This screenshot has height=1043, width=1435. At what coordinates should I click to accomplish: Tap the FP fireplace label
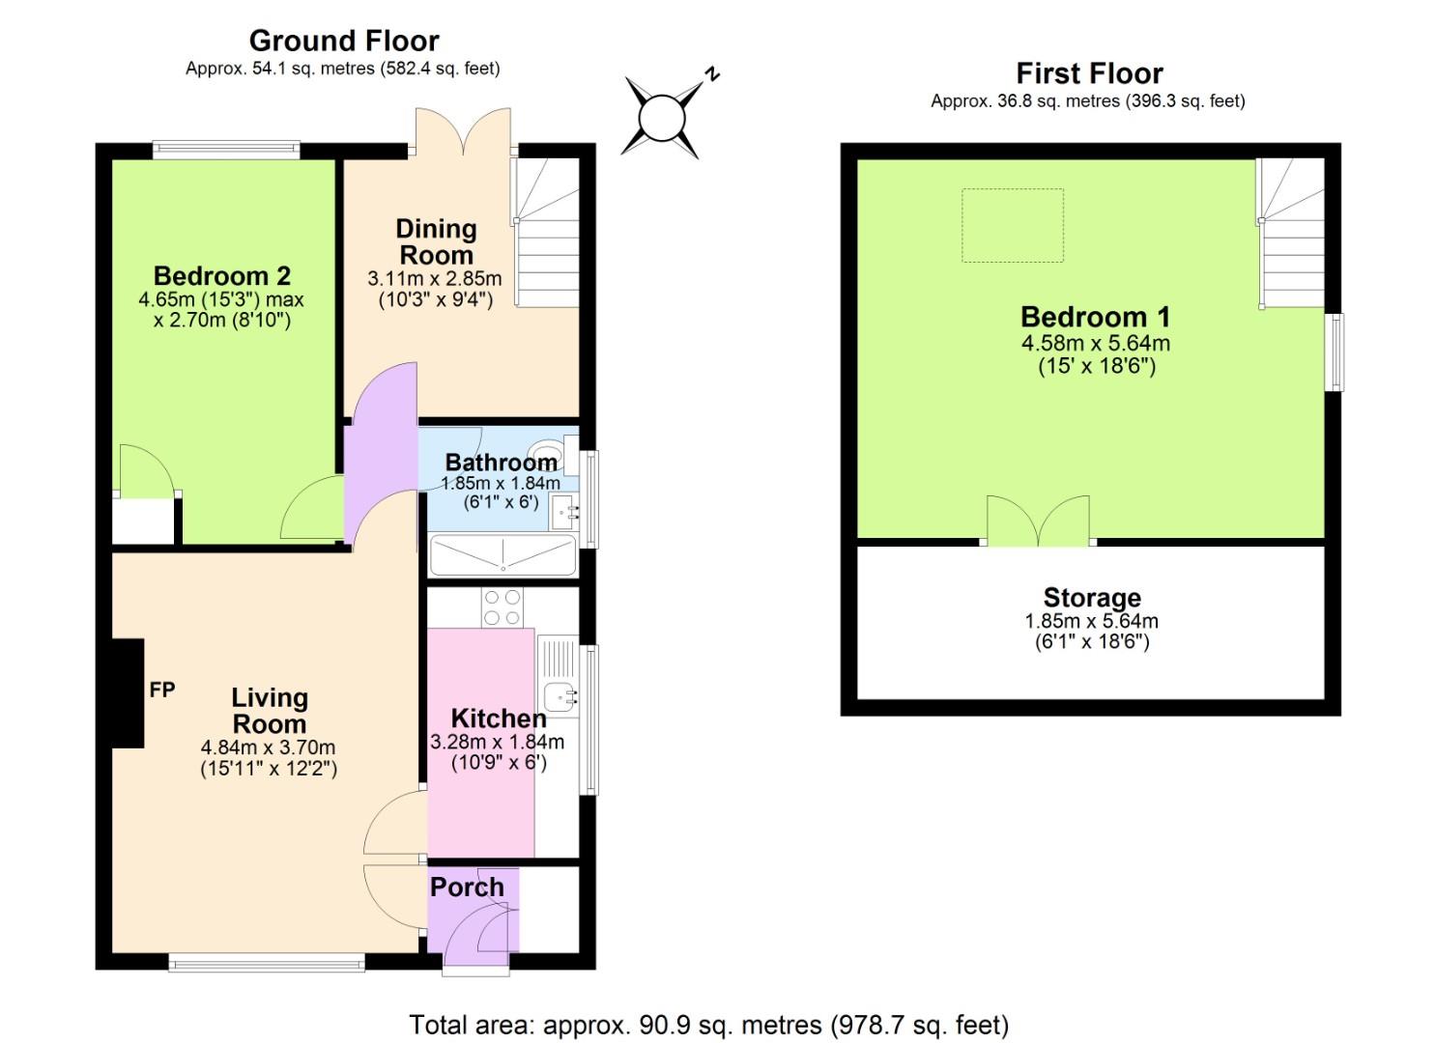pos(162,690)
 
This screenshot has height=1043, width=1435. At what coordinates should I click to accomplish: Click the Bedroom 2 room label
pos(221,276)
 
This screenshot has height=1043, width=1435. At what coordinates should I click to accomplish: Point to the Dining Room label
pos(436,241)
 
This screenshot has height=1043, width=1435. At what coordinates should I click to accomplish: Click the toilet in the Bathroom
pos(549,453)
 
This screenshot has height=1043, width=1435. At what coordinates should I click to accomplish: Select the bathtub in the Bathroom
pos(502,555)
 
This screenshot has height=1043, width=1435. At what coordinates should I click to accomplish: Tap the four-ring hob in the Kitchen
pos(502,607)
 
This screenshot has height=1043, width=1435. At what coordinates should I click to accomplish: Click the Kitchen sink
pos(560,694)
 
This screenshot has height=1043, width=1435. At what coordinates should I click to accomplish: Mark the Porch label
pos(467,887)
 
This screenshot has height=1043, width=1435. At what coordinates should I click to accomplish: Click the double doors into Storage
pos(1038,521)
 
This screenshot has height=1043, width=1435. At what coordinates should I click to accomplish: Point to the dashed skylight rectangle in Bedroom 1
pos(1012,225)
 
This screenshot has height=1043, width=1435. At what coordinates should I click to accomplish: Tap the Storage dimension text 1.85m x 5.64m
pos(1091,621)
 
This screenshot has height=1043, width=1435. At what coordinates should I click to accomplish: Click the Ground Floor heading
pos(344,41)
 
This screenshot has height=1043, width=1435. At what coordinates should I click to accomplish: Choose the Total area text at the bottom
pos(708,1024)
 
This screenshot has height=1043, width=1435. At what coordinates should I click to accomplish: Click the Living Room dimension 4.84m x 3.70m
pos(268,747)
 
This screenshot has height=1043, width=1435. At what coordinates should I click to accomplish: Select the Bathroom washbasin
pos(562,510)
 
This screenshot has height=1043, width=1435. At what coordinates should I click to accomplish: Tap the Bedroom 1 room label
pos(1095,317)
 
